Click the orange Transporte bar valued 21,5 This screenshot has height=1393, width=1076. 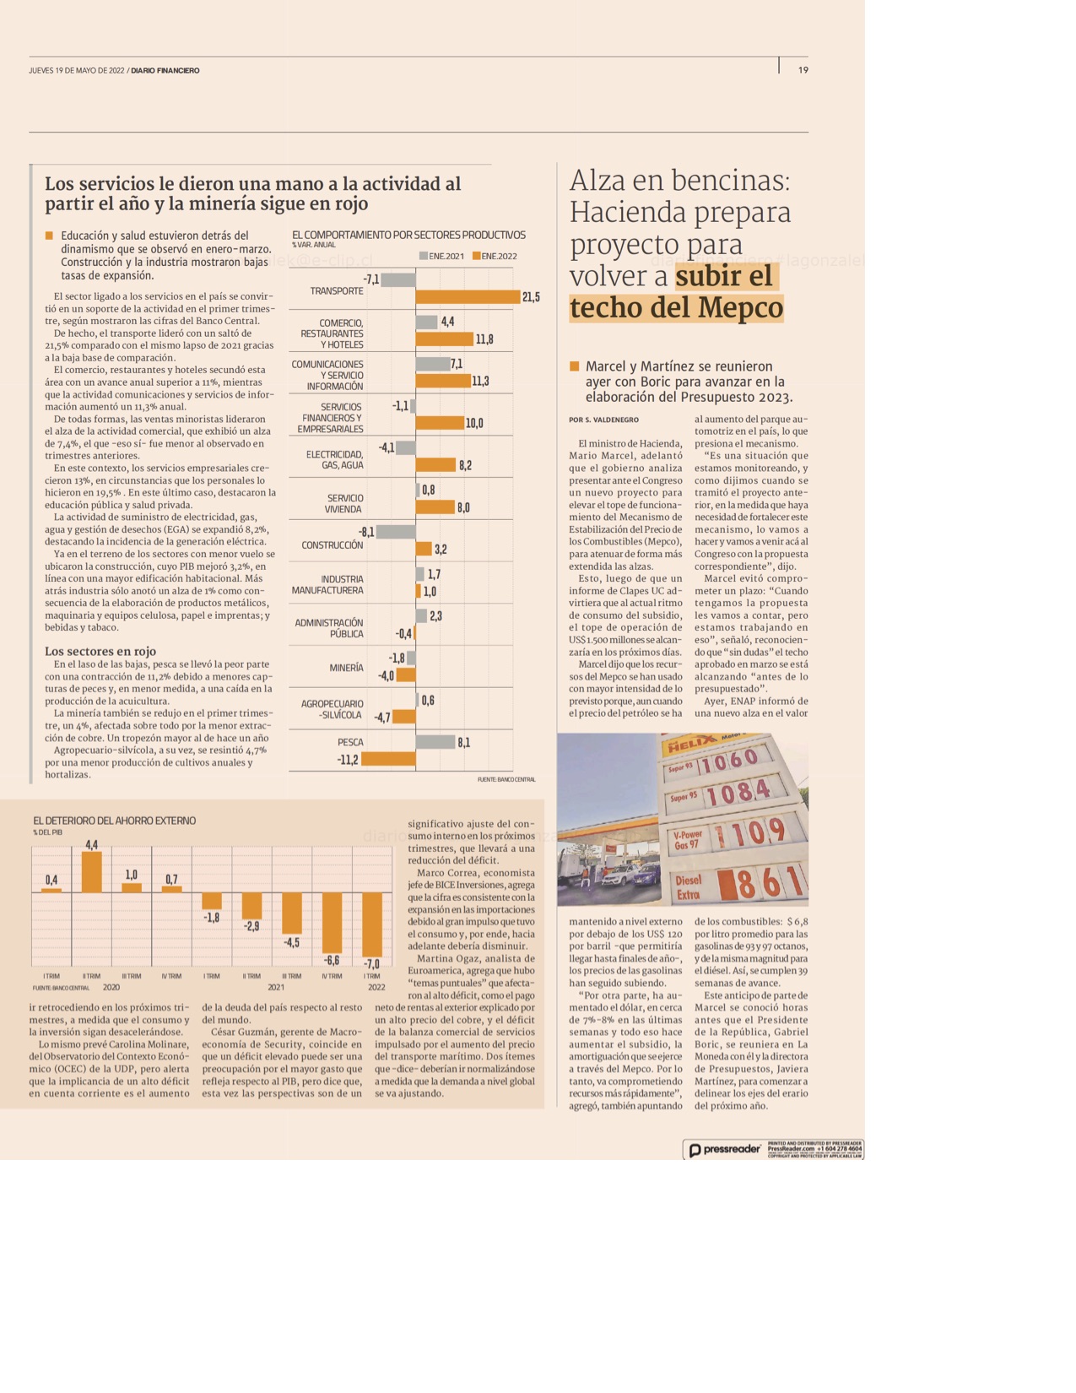[468, 297]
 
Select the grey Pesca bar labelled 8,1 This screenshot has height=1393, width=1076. [435, 742]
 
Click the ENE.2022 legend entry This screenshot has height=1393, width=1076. [495, 256]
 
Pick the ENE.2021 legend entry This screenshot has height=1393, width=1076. [441, 256]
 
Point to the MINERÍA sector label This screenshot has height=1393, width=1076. [346, 668]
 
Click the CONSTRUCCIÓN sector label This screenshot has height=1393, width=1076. [333, 545]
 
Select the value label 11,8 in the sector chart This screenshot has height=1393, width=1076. [484, 339]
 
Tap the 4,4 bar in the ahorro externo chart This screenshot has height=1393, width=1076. [92, 872]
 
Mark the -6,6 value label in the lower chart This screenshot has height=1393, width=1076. [332, 961]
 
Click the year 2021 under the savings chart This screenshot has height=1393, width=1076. [276, 987]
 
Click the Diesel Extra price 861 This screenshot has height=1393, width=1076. [760, 884]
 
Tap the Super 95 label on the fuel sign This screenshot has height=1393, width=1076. [683, 797]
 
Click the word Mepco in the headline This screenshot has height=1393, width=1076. [733, 307]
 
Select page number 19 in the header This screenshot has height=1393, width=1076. [803, 70]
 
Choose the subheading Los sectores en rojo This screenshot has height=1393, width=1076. [100, 651]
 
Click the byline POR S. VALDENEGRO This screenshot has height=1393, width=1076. [603, 420]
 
